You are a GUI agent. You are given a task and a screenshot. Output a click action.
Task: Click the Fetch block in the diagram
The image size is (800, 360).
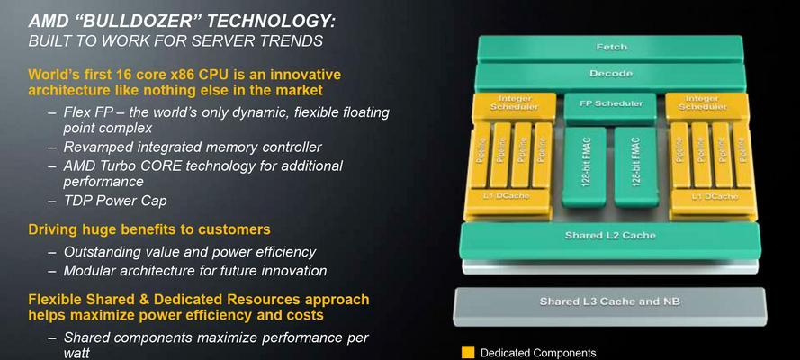point(610,48)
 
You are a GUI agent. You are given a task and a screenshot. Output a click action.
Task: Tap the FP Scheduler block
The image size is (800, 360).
point(610,106)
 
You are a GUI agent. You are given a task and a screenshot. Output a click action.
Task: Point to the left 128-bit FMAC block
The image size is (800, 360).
point(584,166)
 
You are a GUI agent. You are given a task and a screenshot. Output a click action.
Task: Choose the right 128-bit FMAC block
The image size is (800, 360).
point(635,166)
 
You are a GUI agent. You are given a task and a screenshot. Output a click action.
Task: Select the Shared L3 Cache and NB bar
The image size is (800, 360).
point(610,305)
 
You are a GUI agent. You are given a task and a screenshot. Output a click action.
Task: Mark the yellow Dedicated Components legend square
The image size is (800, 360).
point(468,353)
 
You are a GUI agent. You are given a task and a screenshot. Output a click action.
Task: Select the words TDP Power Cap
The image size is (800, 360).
point(115,201)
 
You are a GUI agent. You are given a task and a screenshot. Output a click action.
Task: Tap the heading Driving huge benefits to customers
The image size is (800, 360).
point(149,229)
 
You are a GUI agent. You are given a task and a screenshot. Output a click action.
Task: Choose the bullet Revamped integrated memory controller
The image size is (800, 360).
point(193,148)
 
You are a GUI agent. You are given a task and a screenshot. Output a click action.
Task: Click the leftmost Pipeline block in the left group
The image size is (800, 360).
point(480,156)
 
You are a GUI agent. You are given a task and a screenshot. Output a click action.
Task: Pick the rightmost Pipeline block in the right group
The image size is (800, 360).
point(742,156)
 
